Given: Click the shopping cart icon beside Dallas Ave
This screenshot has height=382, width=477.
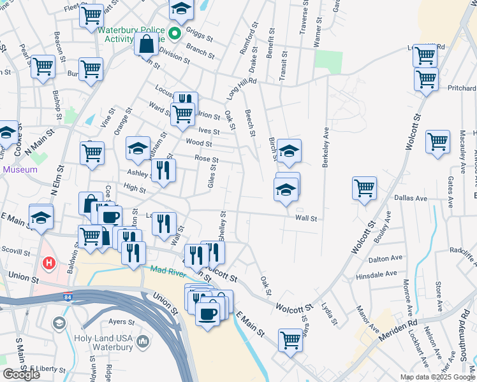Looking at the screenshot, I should (x=364, y=188).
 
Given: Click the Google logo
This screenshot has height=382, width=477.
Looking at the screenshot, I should (x=21, y=374).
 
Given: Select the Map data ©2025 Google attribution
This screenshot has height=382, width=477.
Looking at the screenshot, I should (x=437, y=377).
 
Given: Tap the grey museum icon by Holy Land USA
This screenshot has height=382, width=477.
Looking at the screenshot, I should (x=143, y=343).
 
